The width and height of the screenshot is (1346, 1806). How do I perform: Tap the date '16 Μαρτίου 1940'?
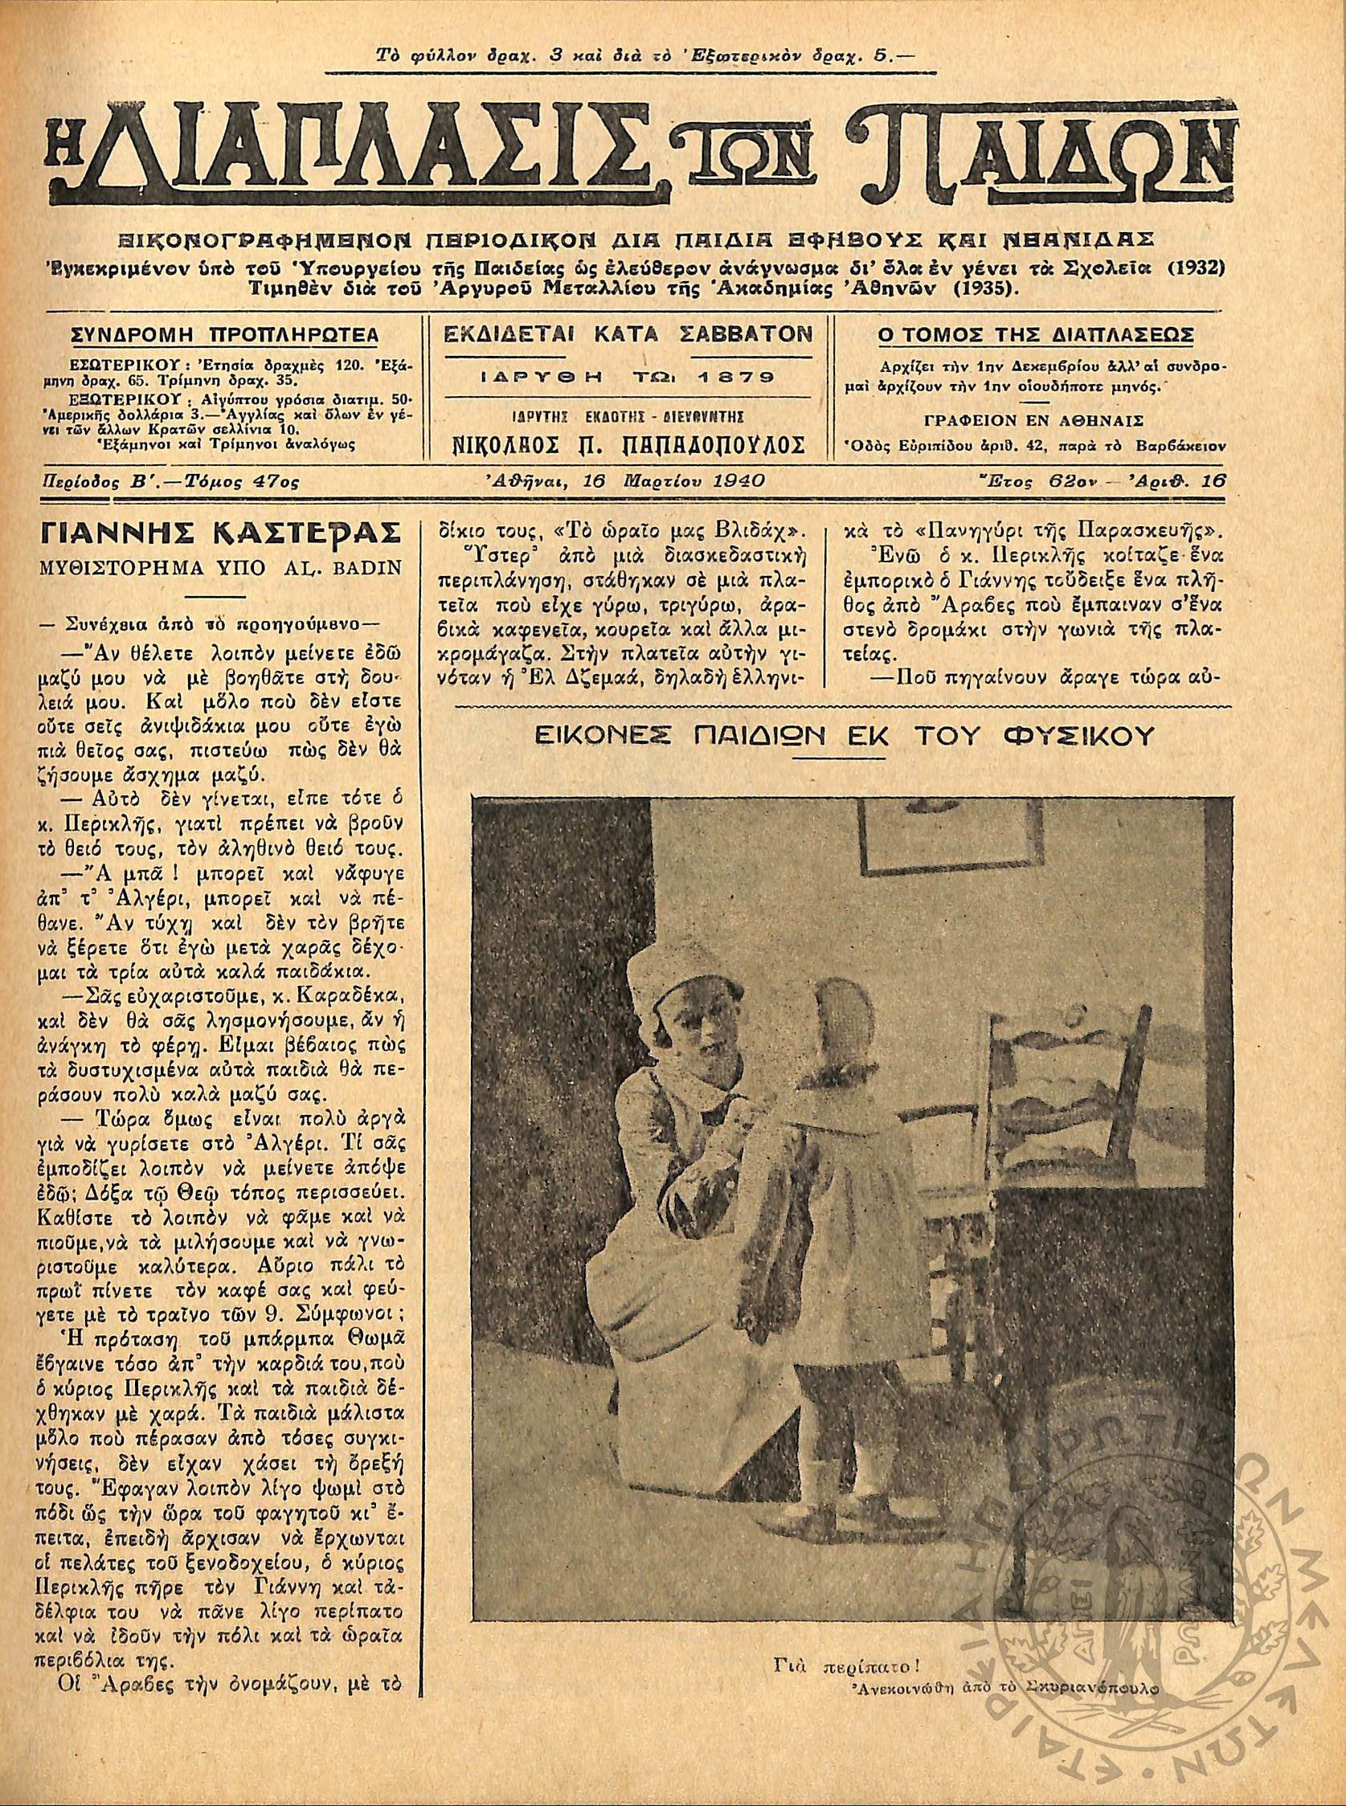click(x=673, y=480)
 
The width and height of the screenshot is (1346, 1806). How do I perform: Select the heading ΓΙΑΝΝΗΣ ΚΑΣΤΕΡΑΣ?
click(x=220, y=533)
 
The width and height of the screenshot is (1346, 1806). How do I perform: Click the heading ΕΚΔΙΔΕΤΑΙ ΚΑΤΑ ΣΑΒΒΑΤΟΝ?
click(x=627, y=334)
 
